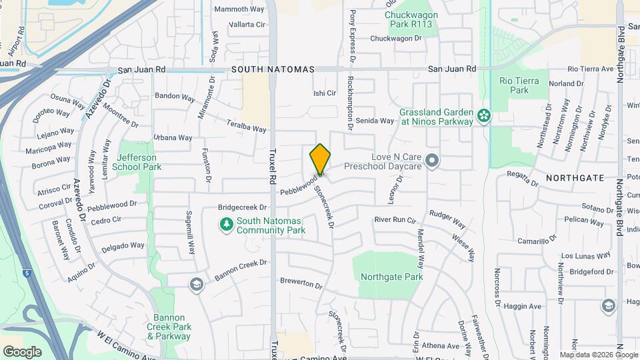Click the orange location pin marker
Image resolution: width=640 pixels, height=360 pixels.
pos(320,159)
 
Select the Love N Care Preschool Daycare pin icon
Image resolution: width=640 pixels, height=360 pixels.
pos(433,160)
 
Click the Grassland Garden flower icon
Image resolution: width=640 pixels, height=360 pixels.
pos(484,117)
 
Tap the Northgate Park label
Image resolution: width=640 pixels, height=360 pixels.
pos(391,277)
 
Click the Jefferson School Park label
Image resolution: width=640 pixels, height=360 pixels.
pos(139,162)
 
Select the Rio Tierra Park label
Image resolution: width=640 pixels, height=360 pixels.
pos(514,85)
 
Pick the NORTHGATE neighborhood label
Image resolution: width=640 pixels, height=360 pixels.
pos(575,178)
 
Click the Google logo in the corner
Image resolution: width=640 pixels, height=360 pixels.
pos(23,351)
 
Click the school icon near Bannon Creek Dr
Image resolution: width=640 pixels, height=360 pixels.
pos(195,285)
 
